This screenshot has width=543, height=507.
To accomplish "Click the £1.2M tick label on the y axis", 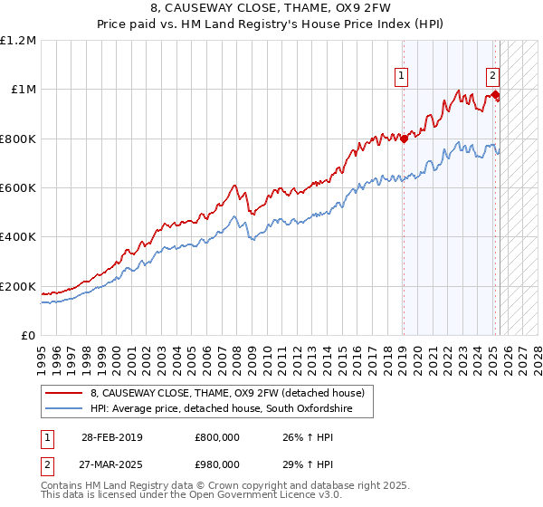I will (18, 40).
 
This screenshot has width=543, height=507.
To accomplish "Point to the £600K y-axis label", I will (18, 188).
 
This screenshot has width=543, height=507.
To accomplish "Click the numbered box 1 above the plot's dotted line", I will (401, 77).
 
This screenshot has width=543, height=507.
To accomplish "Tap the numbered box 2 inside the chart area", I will (492, 77).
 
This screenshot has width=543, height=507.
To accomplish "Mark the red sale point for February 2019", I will (405, 139).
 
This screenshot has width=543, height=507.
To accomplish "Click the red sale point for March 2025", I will (496, 94).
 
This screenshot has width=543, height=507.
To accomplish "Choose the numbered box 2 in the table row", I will (48, 463).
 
